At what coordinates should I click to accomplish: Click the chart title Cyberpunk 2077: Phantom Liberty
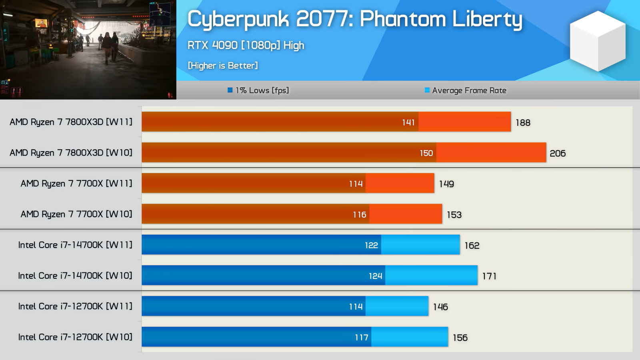[354, 19]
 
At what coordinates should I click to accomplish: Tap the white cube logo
[598, 41]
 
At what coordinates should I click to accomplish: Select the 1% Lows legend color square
[230, 90]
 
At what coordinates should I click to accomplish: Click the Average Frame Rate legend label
[469, 90]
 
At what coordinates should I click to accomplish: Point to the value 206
[558, 153]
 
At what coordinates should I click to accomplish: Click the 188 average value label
[523, 123]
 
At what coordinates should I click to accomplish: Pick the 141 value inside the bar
[408, 122]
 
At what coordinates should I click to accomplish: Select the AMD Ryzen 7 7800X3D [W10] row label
[71, 153]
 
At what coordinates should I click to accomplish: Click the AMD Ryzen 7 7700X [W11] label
[76, 184]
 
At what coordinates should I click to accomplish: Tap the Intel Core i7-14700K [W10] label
[75, 276]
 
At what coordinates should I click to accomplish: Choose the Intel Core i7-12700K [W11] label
[75, 306]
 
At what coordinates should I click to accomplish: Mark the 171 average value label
[489, 276]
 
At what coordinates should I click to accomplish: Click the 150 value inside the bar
[426, 153]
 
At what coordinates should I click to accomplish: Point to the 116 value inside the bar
[360, 215]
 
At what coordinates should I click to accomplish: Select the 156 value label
[460, 338]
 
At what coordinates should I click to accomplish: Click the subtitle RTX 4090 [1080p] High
[246, 45]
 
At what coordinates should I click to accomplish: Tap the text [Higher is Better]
[223, 66]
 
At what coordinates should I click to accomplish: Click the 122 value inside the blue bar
[371, 245]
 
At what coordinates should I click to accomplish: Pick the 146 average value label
[440, 307]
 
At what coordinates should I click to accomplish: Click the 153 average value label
[454, 215]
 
